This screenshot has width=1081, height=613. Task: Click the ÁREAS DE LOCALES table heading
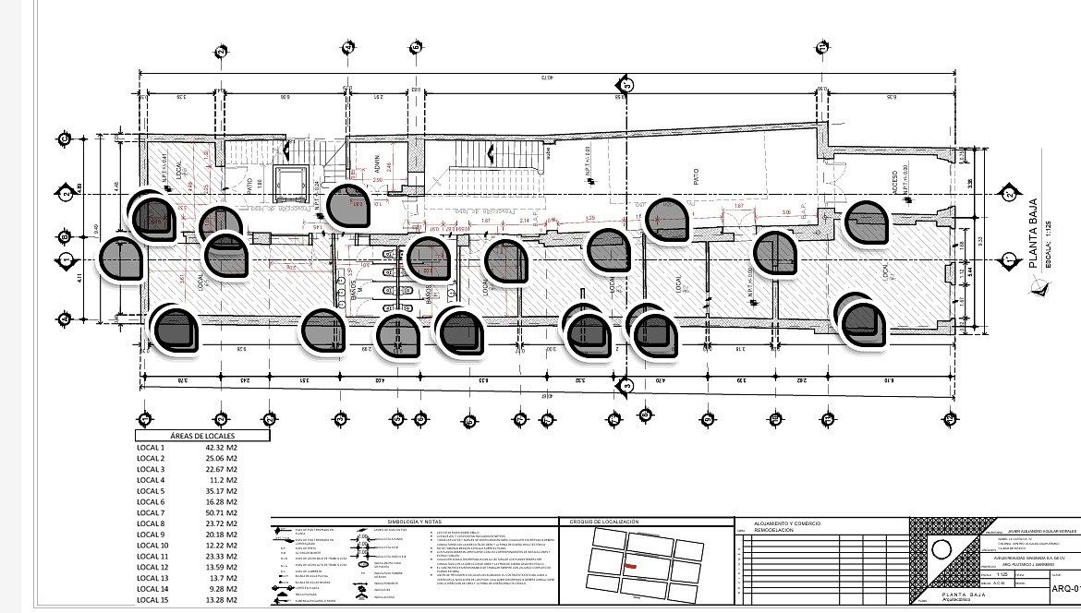202,435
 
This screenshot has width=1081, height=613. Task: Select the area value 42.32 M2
222,448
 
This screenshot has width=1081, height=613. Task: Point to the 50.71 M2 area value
222,512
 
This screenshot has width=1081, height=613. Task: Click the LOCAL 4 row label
150,480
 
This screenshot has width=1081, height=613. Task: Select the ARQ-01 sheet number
1064,589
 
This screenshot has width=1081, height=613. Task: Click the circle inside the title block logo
941,549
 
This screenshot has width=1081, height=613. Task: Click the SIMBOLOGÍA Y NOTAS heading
391,523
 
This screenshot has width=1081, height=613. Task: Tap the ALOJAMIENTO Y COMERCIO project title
788,523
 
